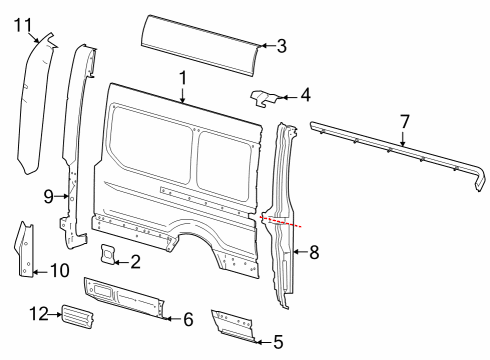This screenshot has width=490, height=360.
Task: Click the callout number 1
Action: [x=183, y=77]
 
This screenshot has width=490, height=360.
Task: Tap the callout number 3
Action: [x=281, y=44]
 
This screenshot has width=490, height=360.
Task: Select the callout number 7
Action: [x=404, y=122]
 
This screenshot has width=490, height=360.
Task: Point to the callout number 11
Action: [x=23, y=24]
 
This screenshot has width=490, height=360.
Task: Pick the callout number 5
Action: [x=278, y=340]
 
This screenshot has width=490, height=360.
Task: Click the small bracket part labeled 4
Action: [x=265, y=98]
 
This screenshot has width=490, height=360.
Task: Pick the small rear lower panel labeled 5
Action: [x=234, y=325]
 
